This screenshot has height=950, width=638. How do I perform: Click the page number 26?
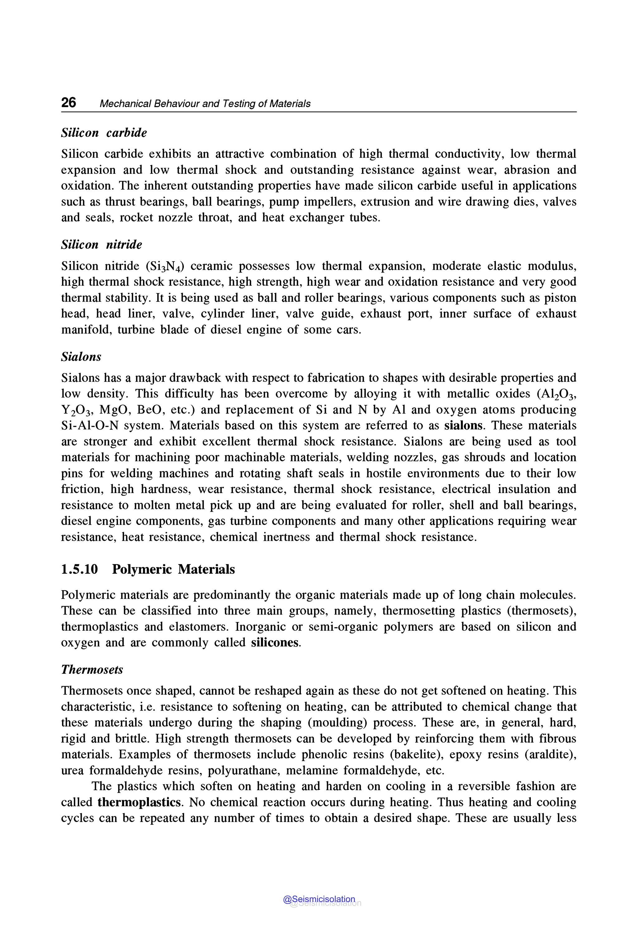(x=68, y=102)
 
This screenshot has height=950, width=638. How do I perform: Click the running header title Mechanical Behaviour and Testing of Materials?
(x=205, y=104)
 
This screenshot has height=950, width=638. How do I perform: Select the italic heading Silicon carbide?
(x=104, y=133)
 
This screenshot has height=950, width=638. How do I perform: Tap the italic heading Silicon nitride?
(x=101, y=245)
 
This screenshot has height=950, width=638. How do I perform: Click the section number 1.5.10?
(x=79, y=569)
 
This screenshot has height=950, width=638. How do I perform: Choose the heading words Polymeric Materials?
(x=173, y=569)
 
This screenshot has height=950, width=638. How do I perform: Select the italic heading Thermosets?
(x=92, y=669)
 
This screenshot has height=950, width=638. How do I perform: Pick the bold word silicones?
(x=275, y=643)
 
